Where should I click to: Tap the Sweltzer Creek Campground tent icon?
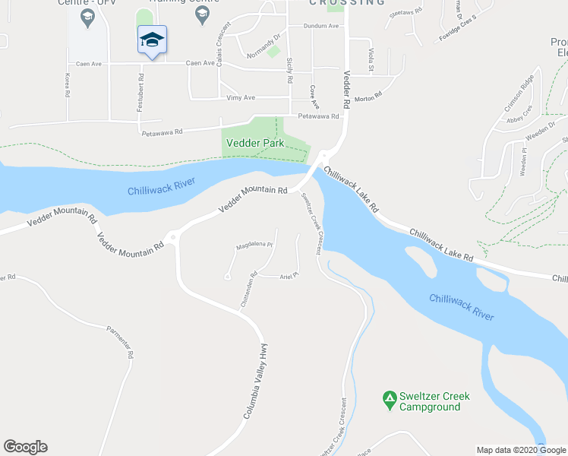tap(390, 397)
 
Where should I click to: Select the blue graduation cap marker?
tap(152, 40)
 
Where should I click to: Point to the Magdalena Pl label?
tap(254, 245)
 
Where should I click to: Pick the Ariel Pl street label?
tap(290, 276)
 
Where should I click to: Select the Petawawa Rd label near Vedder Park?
tap(318, 116)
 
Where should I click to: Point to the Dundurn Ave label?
tap(320, 26)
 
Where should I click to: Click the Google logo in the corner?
tap(25, 447)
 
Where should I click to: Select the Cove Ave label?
tap(314, 96)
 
